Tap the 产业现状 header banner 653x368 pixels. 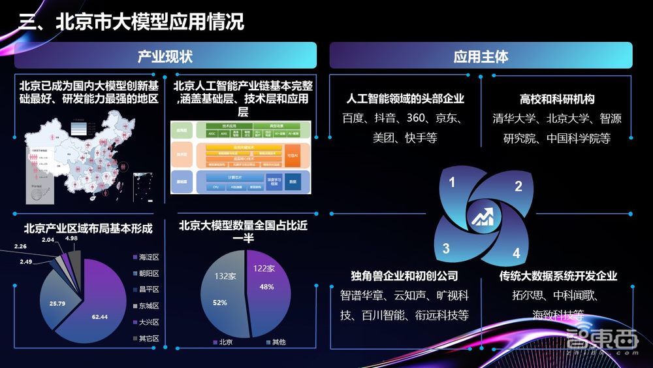pyautogui.click(x=165, y=56)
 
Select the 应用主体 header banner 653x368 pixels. pyautogui.click(x=481, y=56)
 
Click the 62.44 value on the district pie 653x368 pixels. pyautogui.click(x=99, y=317)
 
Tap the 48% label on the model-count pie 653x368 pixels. pyautogui.click(x=266, y=286)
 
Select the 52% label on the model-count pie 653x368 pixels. pyautogui.click(x=221, y=302)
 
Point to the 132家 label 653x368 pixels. pyautogui.click(x=225, y=276)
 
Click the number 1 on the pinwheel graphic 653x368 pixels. pyautogui.click(x=451, y=182)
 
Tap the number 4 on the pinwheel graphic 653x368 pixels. pyautogui.click(x=516, y=253)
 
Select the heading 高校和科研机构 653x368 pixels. pyautogui.click(x=557, y=99)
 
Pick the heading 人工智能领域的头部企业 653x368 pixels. pyautogui.click(x=405, y=99)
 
